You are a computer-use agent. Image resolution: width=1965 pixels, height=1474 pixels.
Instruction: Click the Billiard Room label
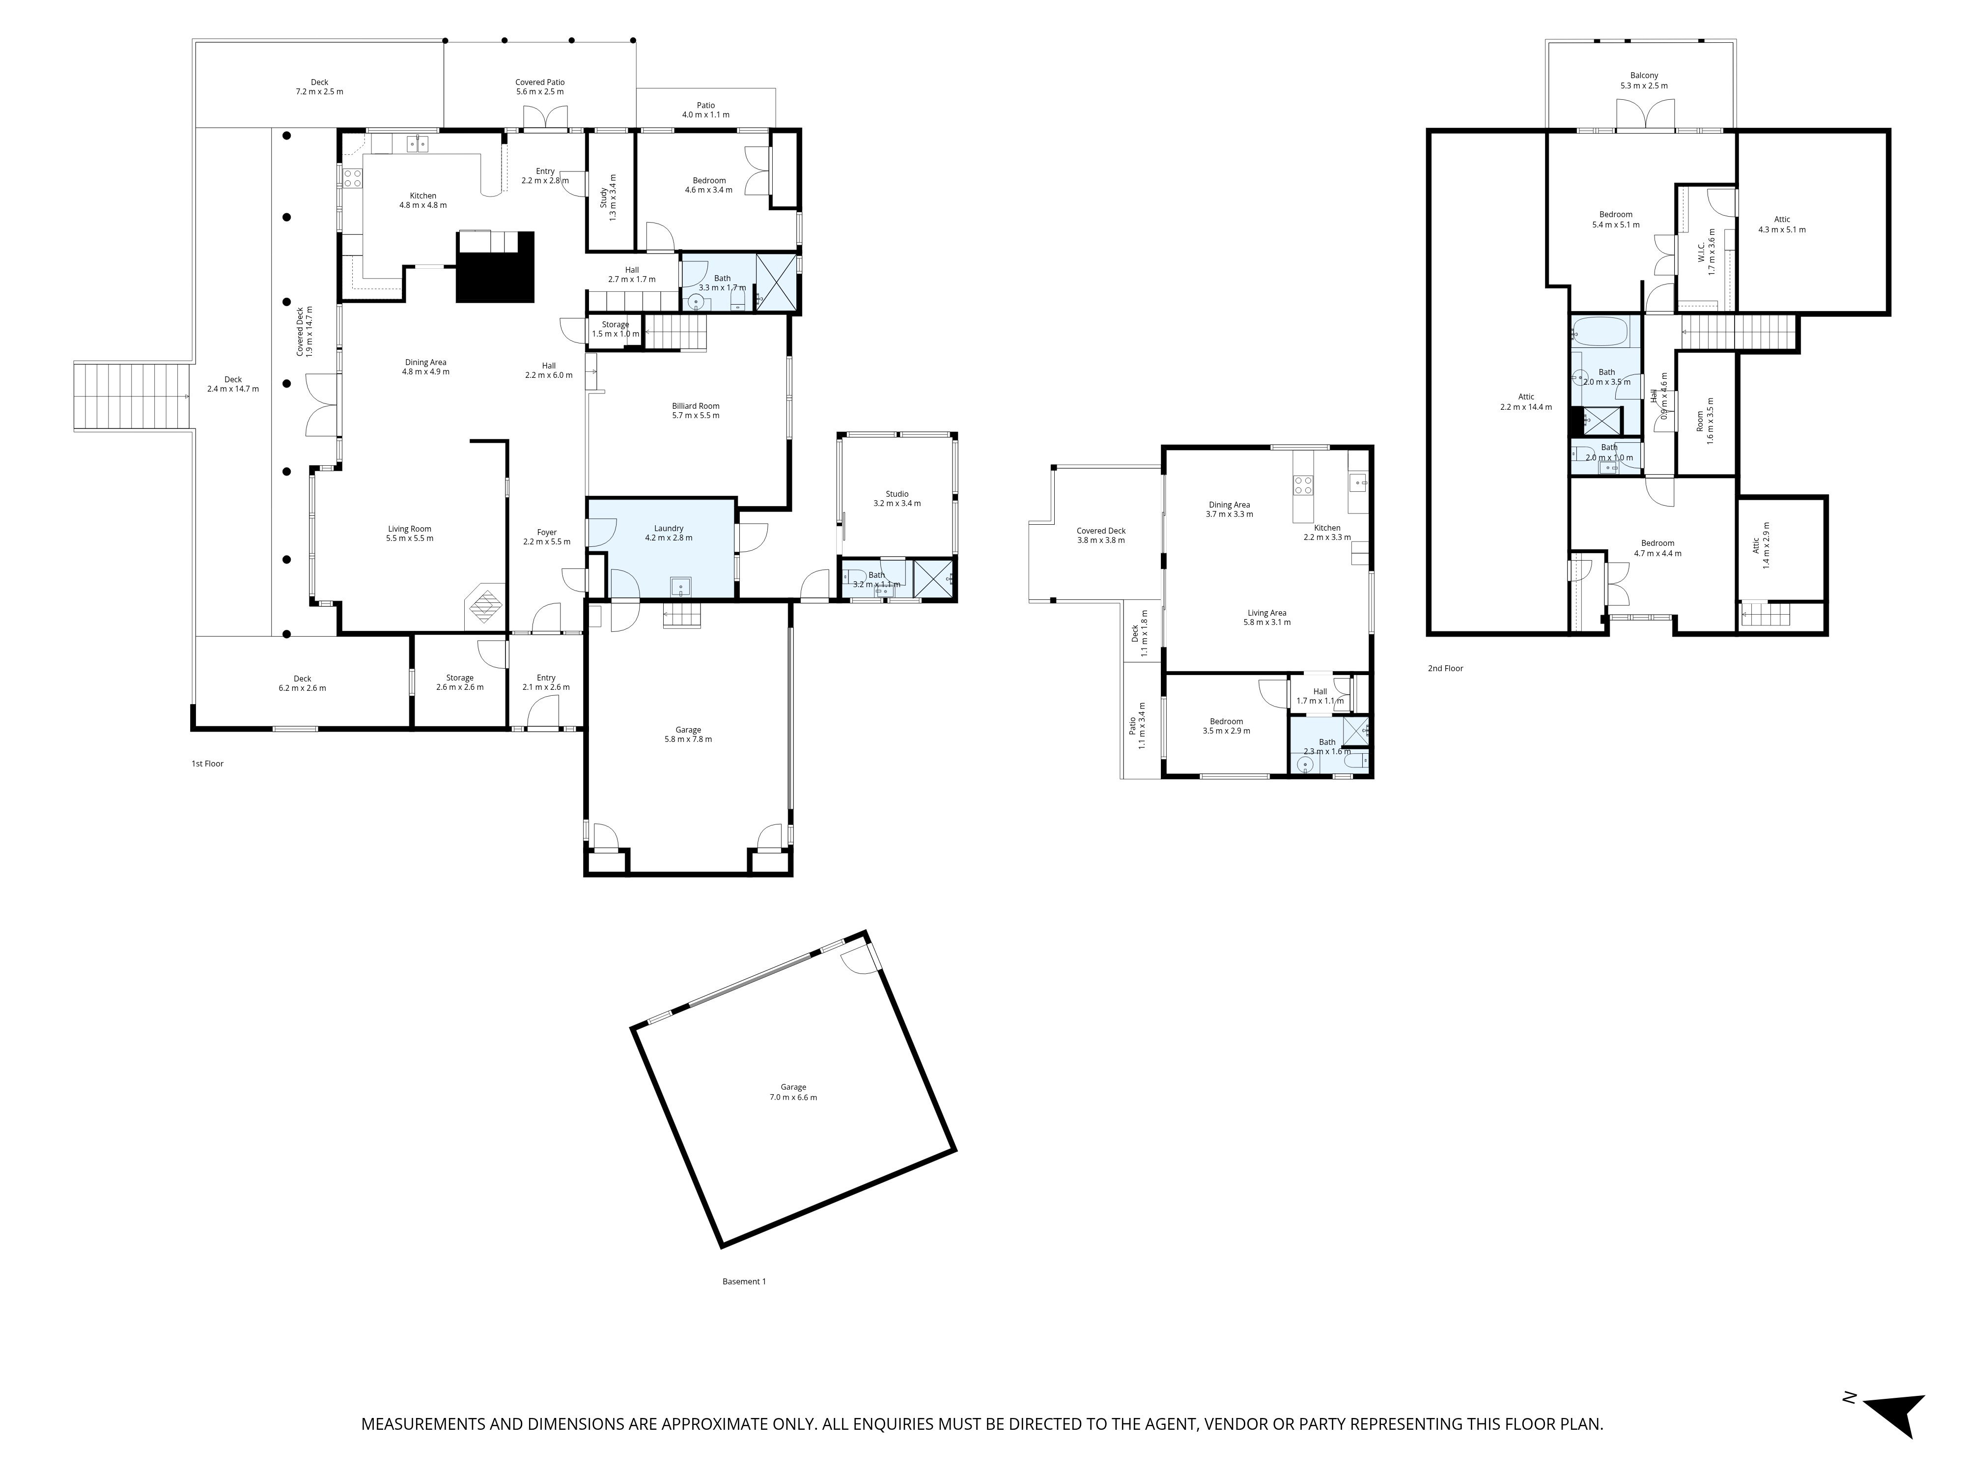coord(696,410)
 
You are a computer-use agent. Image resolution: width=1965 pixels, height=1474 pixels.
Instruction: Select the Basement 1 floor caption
coord(744,1281)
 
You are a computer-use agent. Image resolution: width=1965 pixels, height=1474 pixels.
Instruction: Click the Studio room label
coord(897,498)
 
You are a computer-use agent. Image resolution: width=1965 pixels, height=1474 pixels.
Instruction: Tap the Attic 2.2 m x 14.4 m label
coord(1526,401)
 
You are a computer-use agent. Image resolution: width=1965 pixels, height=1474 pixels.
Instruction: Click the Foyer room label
coord(546,537)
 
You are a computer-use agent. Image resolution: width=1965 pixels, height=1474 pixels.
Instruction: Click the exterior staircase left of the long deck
coord(133,397)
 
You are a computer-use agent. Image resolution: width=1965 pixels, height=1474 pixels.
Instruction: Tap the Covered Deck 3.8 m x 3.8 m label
coord(1101,535)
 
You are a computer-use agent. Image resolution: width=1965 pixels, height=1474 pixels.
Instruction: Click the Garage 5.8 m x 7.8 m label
coord(688,734)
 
